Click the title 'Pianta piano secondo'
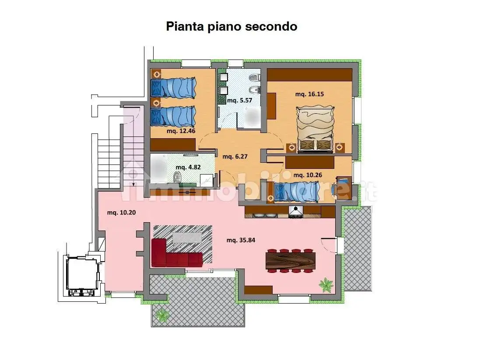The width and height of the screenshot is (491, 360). (231, 27)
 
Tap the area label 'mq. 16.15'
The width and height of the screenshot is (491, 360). (309, 94)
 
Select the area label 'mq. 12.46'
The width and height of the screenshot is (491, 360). (181, 130)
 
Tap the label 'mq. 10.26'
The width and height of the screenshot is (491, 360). (308, 175)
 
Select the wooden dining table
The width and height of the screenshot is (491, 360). (290, 261)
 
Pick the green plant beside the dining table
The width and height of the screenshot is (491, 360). (326, 285)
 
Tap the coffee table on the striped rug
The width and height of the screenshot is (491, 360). (188, 237)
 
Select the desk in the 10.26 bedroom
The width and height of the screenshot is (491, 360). (344, 187)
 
